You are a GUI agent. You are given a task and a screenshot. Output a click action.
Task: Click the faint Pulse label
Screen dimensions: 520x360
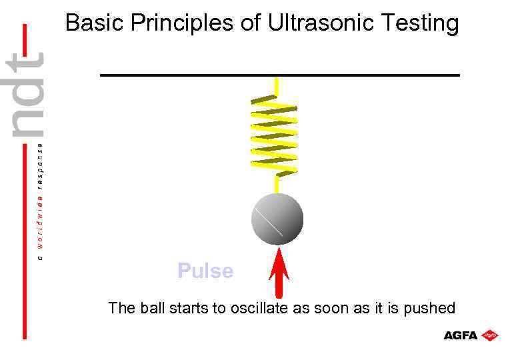(205, 271)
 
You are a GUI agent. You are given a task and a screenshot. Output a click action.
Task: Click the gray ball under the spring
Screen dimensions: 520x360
(277, 219)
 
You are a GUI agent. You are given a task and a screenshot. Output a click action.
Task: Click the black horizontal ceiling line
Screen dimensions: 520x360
(280, 75)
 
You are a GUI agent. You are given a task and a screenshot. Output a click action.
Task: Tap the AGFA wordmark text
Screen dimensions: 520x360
(461, 335)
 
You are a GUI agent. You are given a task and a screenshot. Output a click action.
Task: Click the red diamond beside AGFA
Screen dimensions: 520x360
(490, 335)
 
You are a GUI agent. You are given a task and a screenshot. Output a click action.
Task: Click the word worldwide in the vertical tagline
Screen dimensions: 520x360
(40, 223)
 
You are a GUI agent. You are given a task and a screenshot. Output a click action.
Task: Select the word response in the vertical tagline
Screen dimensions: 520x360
(40, 163)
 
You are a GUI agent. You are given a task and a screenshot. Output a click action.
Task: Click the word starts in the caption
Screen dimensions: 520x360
(187, 308)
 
